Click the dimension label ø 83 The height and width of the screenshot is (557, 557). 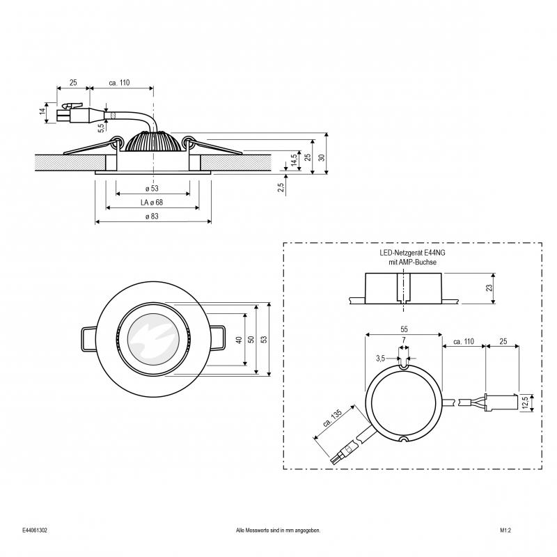click(152, 217)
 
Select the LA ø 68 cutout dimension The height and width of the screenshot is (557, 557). click(152, 203)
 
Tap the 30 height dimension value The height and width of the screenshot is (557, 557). click(322, 157)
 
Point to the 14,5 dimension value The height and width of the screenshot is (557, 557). click(294, 160)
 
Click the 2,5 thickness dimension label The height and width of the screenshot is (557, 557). click(281, 187)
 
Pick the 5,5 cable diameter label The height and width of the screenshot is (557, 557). click(101, 127)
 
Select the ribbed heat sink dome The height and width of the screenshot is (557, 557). click(153, 141)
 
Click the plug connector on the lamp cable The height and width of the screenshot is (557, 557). click(74, 113)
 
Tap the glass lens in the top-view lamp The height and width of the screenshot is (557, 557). click(153, 339)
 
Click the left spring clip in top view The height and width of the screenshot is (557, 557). click(89, 339)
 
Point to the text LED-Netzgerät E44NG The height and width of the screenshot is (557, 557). click(412, 253)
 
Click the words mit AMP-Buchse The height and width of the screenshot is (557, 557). click(412, 262)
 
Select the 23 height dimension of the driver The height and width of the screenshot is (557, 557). click(490, 288)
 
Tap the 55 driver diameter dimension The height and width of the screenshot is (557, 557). click(404, 329)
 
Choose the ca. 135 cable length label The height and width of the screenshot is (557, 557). click(333, 418)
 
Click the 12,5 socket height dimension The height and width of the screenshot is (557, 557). click(526, 402)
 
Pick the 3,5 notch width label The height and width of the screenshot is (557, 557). click(380, 359)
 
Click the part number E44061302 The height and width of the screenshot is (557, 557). click(34, 531)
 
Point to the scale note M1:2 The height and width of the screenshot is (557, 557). click(505, 531)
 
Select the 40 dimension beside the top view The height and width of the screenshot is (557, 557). click(239, 340)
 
